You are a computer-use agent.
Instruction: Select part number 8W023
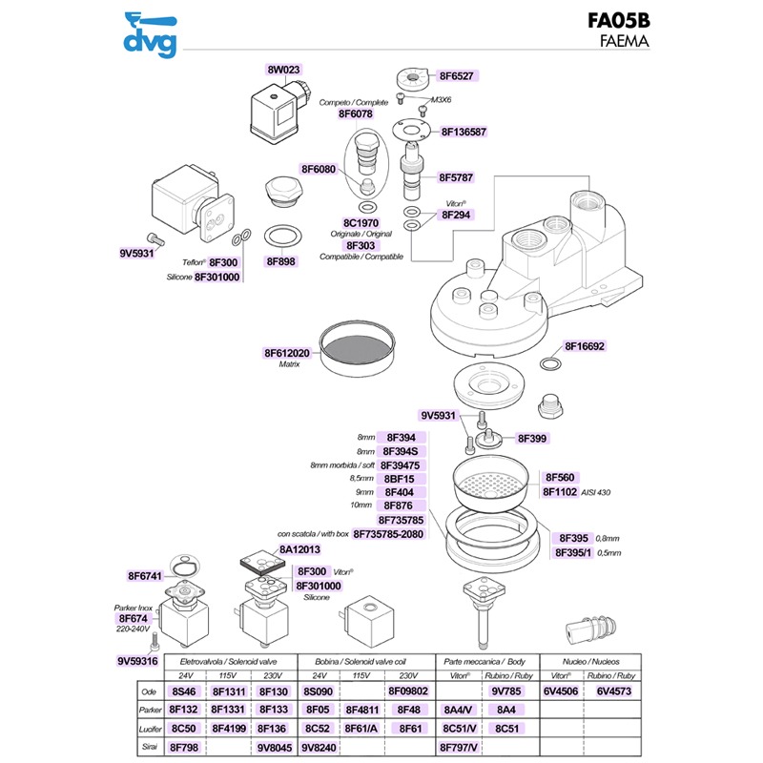283,70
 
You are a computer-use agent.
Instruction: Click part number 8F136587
464,132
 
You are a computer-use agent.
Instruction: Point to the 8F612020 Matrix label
287,353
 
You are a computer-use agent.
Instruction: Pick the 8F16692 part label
586,347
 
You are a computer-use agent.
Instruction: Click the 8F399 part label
531,438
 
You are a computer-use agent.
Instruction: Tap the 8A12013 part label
299,550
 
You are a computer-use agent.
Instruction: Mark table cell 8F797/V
460,748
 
